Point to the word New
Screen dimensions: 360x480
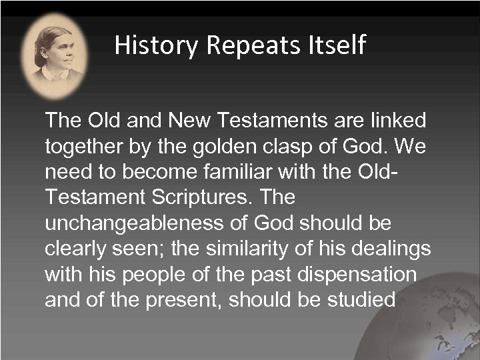click(191, 122)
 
